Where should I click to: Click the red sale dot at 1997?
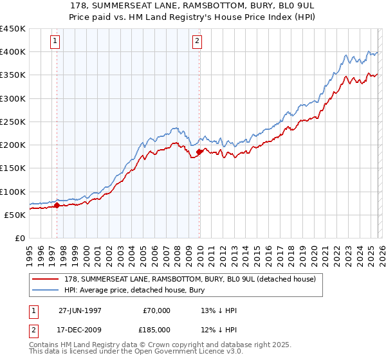(57, 206)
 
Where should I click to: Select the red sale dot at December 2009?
(199, 152)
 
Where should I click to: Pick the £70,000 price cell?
(156, 310)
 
